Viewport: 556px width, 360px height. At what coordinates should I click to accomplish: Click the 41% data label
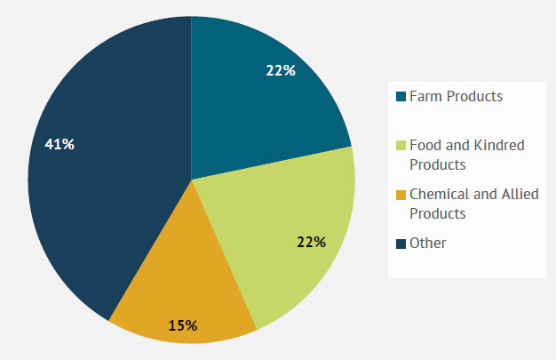coord(60,144)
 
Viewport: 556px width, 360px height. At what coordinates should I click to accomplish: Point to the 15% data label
coord(183,324)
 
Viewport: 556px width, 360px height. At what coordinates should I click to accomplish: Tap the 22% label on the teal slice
coord(281,70)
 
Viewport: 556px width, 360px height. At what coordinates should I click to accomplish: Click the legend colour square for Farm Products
coord(401,96)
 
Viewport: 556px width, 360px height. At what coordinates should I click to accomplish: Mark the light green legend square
coord(401,145)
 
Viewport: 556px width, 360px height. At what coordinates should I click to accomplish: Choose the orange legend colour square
coord(401,194)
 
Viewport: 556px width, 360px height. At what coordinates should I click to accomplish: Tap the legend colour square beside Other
coord(401,243)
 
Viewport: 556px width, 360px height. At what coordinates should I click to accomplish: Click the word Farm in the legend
coord(424,96)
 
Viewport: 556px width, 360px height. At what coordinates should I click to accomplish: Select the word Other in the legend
coord(428,243)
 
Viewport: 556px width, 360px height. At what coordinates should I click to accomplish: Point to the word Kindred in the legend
coord(501,145)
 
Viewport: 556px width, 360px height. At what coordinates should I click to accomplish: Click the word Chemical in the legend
coord(439,194)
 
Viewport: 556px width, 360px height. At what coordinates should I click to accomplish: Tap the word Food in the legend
coord(425,145)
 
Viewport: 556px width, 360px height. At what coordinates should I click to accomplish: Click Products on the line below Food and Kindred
coord(438,164)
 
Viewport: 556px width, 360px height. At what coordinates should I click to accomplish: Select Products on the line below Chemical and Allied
coord(438,213)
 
